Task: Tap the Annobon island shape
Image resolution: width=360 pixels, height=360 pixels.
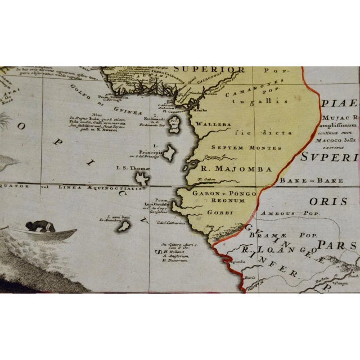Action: [x=124, y=226]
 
